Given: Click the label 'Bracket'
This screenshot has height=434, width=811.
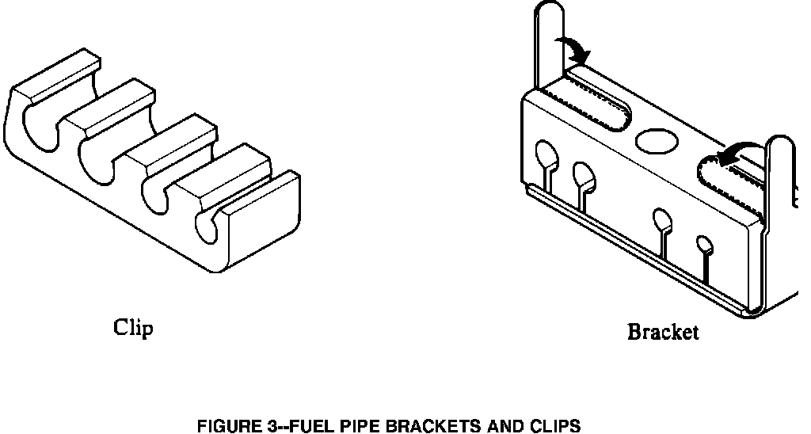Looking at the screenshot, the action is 663,333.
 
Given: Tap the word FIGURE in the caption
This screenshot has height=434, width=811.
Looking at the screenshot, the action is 226,427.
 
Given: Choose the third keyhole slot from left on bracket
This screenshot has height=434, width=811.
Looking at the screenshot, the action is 662,219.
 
